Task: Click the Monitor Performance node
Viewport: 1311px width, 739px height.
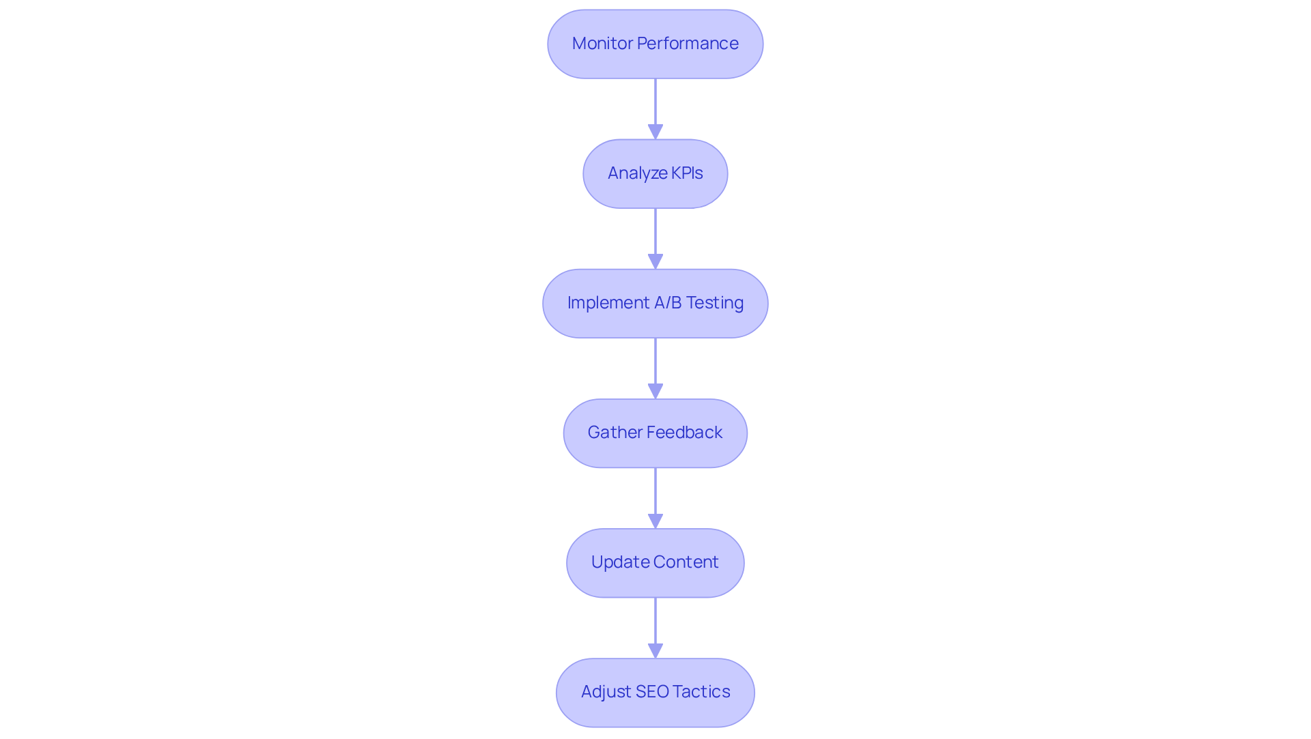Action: (655, 44)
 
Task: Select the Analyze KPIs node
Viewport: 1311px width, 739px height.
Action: (655, 173)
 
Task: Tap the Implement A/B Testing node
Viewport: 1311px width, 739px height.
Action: (655, 303)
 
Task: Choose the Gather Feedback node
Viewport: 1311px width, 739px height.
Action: (655, 433)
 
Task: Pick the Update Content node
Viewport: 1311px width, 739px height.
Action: (655, 562)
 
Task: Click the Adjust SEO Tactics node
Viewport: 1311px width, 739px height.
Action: (655, 692)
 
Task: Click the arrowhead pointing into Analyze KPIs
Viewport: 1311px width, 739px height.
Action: (655, 132)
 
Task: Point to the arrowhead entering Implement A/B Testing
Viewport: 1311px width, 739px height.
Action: (655, 261)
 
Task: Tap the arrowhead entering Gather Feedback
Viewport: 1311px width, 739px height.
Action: (655, 391)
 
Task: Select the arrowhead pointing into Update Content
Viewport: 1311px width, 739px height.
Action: (655, 521)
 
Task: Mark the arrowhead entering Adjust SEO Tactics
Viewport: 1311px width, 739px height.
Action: (655, 650)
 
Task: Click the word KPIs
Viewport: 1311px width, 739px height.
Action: (687, 173)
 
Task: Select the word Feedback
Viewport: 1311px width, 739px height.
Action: (684, 433)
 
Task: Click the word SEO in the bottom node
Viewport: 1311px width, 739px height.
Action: (652, 692)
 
